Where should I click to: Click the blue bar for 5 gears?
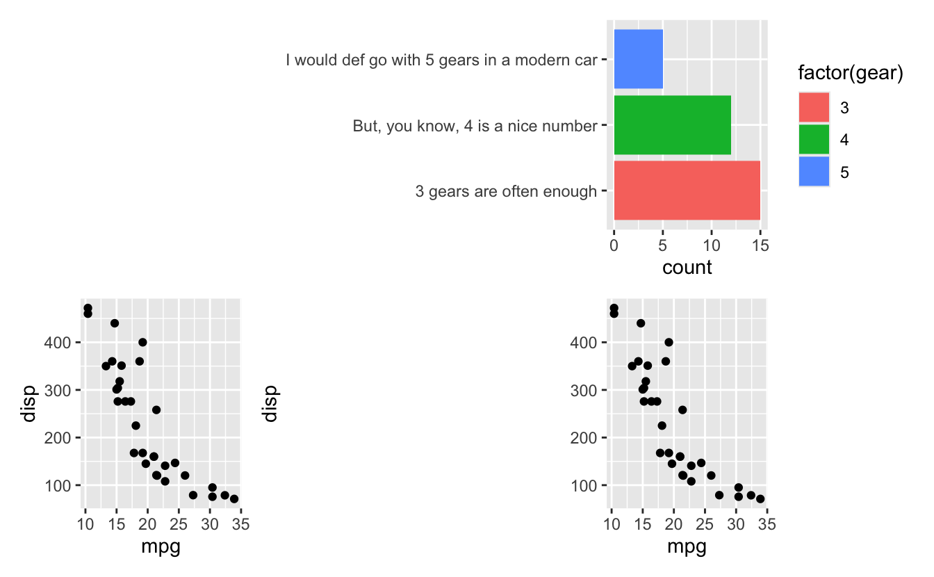point(638,59)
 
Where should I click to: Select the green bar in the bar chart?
point(672,125)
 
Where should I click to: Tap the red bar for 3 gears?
point(687,190)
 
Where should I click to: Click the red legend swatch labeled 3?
point(814,108)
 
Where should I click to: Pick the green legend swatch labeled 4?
point(814,140)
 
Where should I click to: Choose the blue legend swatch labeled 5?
point(814,172)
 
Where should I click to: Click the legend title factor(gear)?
point(850,74)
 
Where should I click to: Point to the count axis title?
point(687,268)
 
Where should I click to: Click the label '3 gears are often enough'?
point(506,191)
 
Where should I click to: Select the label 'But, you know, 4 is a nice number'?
point(475,126)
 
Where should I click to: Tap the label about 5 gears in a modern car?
point(441,60)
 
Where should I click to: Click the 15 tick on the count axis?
point(760,245)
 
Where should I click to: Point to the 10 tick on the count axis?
point(712,245)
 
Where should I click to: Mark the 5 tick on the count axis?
point(663,245)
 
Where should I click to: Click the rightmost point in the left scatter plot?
point(234,498)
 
